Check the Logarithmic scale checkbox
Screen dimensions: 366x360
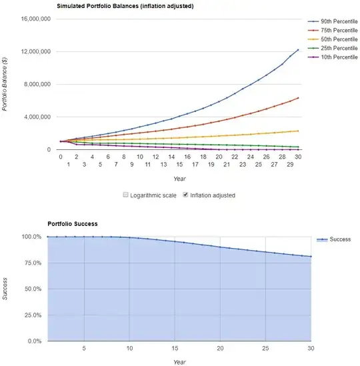(x=127, y=195)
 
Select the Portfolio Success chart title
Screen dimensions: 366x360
(x=72, y=224)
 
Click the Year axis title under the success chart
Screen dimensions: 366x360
(x=179, y=362)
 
